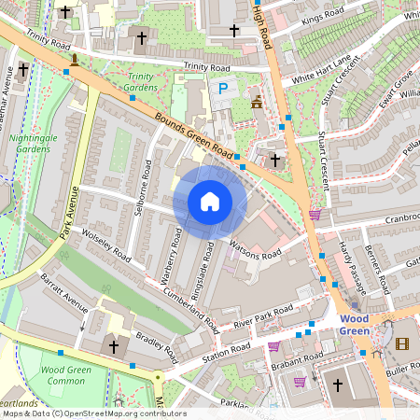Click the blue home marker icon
click(210, 202)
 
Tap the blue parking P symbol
click(222, 89)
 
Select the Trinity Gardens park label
click(141, 82)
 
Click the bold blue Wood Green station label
click(354, 324)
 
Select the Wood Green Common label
click(65, 375)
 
